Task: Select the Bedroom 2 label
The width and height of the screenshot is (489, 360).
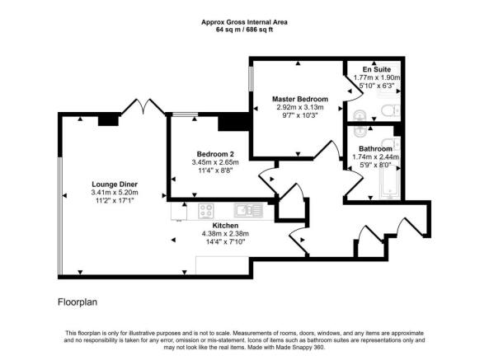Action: tap(215, 153)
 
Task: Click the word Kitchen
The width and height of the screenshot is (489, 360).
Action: tap(225, 225)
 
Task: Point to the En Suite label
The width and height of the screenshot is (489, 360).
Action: tap(376, 69)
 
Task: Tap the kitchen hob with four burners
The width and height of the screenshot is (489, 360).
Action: tap(205, 210)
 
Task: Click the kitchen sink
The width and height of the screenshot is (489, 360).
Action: tap(247, 210)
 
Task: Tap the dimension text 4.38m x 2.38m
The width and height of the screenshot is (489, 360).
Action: tap(225, 233)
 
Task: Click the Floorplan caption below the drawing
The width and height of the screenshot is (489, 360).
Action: tap(80, 302)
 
